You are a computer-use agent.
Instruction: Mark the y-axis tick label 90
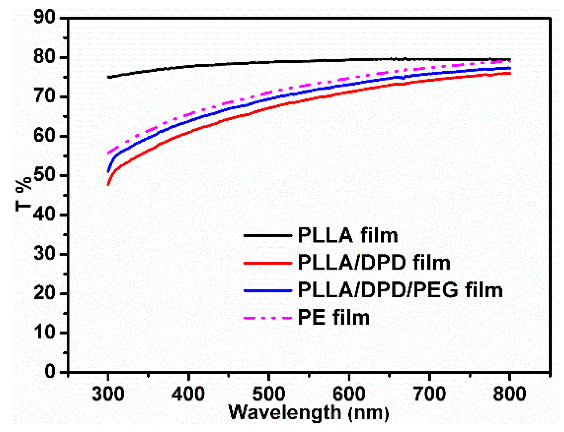[x=44, y=17]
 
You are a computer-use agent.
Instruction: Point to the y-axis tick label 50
[x=44, y=176]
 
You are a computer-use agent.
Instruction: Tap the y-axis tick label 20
[x=44, y=293]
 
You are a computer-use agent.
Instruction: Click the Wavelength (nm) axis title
[x=309, y=412]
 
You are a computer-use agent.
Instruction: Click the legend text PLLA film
[x=348, y=235]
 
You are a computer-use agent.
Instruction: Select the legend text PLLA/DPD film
[x=374, y=263]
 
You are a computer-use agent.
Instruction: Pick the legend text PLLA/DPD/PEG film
[x=400, y=290]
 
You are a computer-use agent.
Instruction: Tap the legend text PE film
[x=333, y=318]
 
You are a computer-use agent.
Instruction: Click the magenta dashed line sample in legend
[x=268, y=318]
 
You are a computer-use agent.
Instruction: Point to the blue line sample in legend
[x=268, y=291]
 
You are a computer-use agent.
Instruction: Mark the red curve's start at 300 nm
[x=108, y=184]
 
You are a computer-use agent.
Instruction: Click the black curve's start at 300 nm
[x=109, y=77]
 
